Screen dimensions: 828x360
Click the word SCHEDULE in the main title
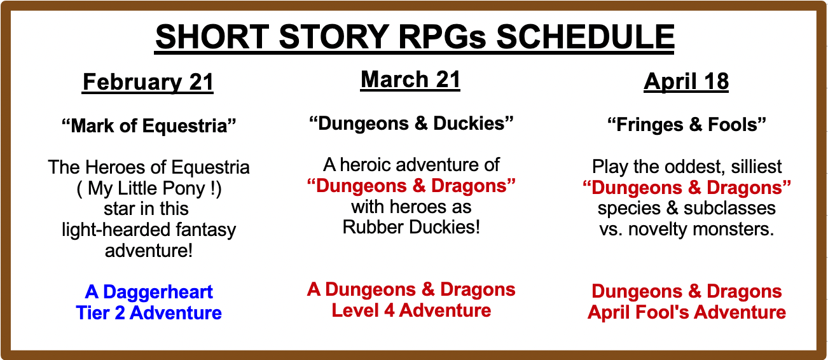pos(585,37)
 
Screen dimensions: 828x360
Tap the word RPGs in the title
pos(442,37)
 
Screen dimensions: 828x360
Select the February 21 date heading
pos(148,81)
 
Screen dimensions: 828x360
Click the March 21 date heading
pos(410,80)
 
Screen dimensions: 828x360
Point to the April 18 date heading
pos(686,81)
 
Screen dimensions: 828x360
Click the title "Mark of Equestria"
pos(149,126)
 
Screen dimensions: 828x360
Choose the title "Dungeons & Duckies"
pos(411,123)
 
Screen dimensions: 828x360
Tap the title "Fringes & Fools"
pos(687,125)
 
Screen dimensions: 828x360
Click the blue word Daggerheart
pos(158,292)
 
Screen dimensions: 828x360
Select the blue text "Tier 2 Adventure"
pos(149,313)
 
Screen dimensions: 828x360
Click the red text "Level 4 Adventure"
pos(411,310)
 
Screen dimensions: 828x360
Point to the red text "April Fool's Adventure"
pos(687,312)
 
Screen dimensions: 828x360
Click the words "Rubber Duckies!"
pos(411,227)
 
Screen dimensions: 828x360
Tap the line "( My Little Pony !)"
pos(149,188)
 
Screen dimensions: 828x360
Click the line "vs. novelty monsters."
pos(687,229)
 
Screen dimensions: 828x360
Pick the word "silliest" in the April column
pos(756,167)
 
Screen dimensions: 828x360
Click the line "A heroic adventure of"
pos(411,165)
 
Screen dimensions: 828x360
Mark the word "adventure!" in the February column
pos(149,251)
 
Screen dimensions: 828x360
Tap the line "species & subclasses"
pos(687,209)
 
